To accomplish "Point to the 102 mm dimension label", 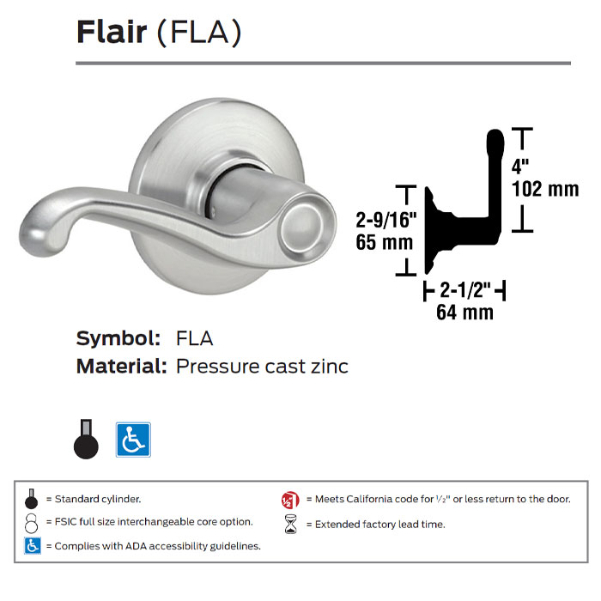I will (544, 189).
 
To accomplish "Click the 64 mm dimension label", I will (464, 313).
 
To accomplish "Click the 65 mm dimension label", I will (385, 242).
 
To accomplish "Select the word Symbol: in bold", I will (118, 337).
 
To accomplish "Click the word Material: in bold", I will (121, 367).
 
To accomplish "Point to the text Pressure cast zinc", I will (262, 367).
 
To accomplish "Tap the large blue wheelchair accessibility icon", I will (133, 440).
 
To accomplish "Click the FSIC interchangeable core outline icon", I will (32, 522).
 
